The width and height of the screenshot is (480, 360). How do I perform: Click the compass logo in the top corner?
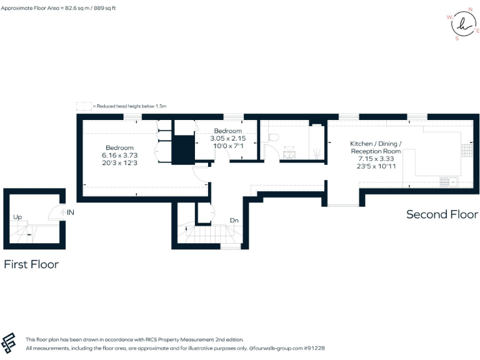pos(462,24)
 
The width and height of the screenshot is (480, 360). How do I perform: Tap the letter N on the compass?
pos(471,9)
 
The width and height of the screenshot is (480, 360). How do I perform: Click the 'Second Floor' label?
pos(442,214)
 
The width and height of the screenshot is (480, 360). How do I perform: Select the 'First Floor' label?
pos(31,264)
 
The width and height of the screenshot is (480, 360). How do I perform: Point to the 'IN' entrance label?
pos(71,212)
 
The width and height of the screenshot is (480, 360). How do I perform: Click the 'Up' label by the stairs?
pos(17,217)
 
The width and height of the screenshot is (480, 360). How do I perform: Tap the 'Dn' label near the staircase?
pos(234,220)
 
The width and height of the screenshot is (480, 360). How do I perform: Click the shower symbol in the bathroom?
pos(317,151)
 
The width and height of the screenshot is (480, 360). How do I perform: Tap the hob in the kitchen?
pos(466,150)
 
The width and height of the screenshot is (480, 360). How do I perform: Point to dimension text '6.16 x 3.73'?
pos(119,154)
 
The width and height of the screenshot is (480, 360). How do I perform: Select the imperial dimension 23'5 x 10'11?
pos(376,166)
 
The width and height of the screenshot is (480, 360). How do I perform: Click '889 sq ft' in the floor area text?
pos(103,8)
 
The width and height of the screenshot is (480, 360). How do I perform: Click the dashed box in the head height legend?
pos(83,106)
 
